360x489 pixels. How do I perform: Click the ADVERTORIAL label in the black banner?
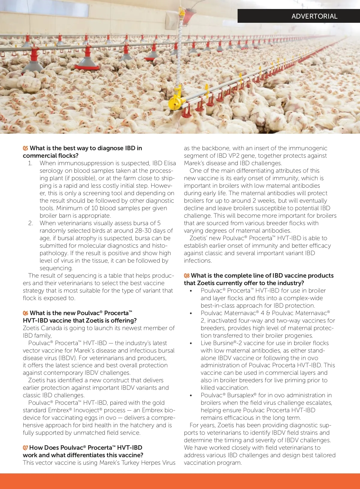314,16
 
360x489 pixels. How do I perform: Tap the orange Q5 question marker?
25,148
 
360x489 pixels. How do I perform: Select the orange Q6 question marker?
25,313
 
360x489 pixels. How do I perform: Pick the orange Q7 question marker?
25,448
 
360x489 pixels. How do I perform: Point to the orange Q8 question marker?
187,276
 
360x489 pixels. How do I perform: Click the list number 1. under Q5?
30,163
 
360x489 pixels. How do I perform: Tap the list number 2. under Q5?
30,223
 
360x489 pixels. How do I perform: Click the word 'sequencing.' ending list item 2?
56,268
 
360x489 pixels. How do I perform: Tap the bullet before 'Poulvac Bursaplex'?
191,396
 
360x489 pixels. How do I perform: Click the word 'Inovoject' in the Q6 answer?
86,410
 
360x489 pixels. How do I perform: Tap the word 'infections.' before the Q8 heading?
198,261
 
